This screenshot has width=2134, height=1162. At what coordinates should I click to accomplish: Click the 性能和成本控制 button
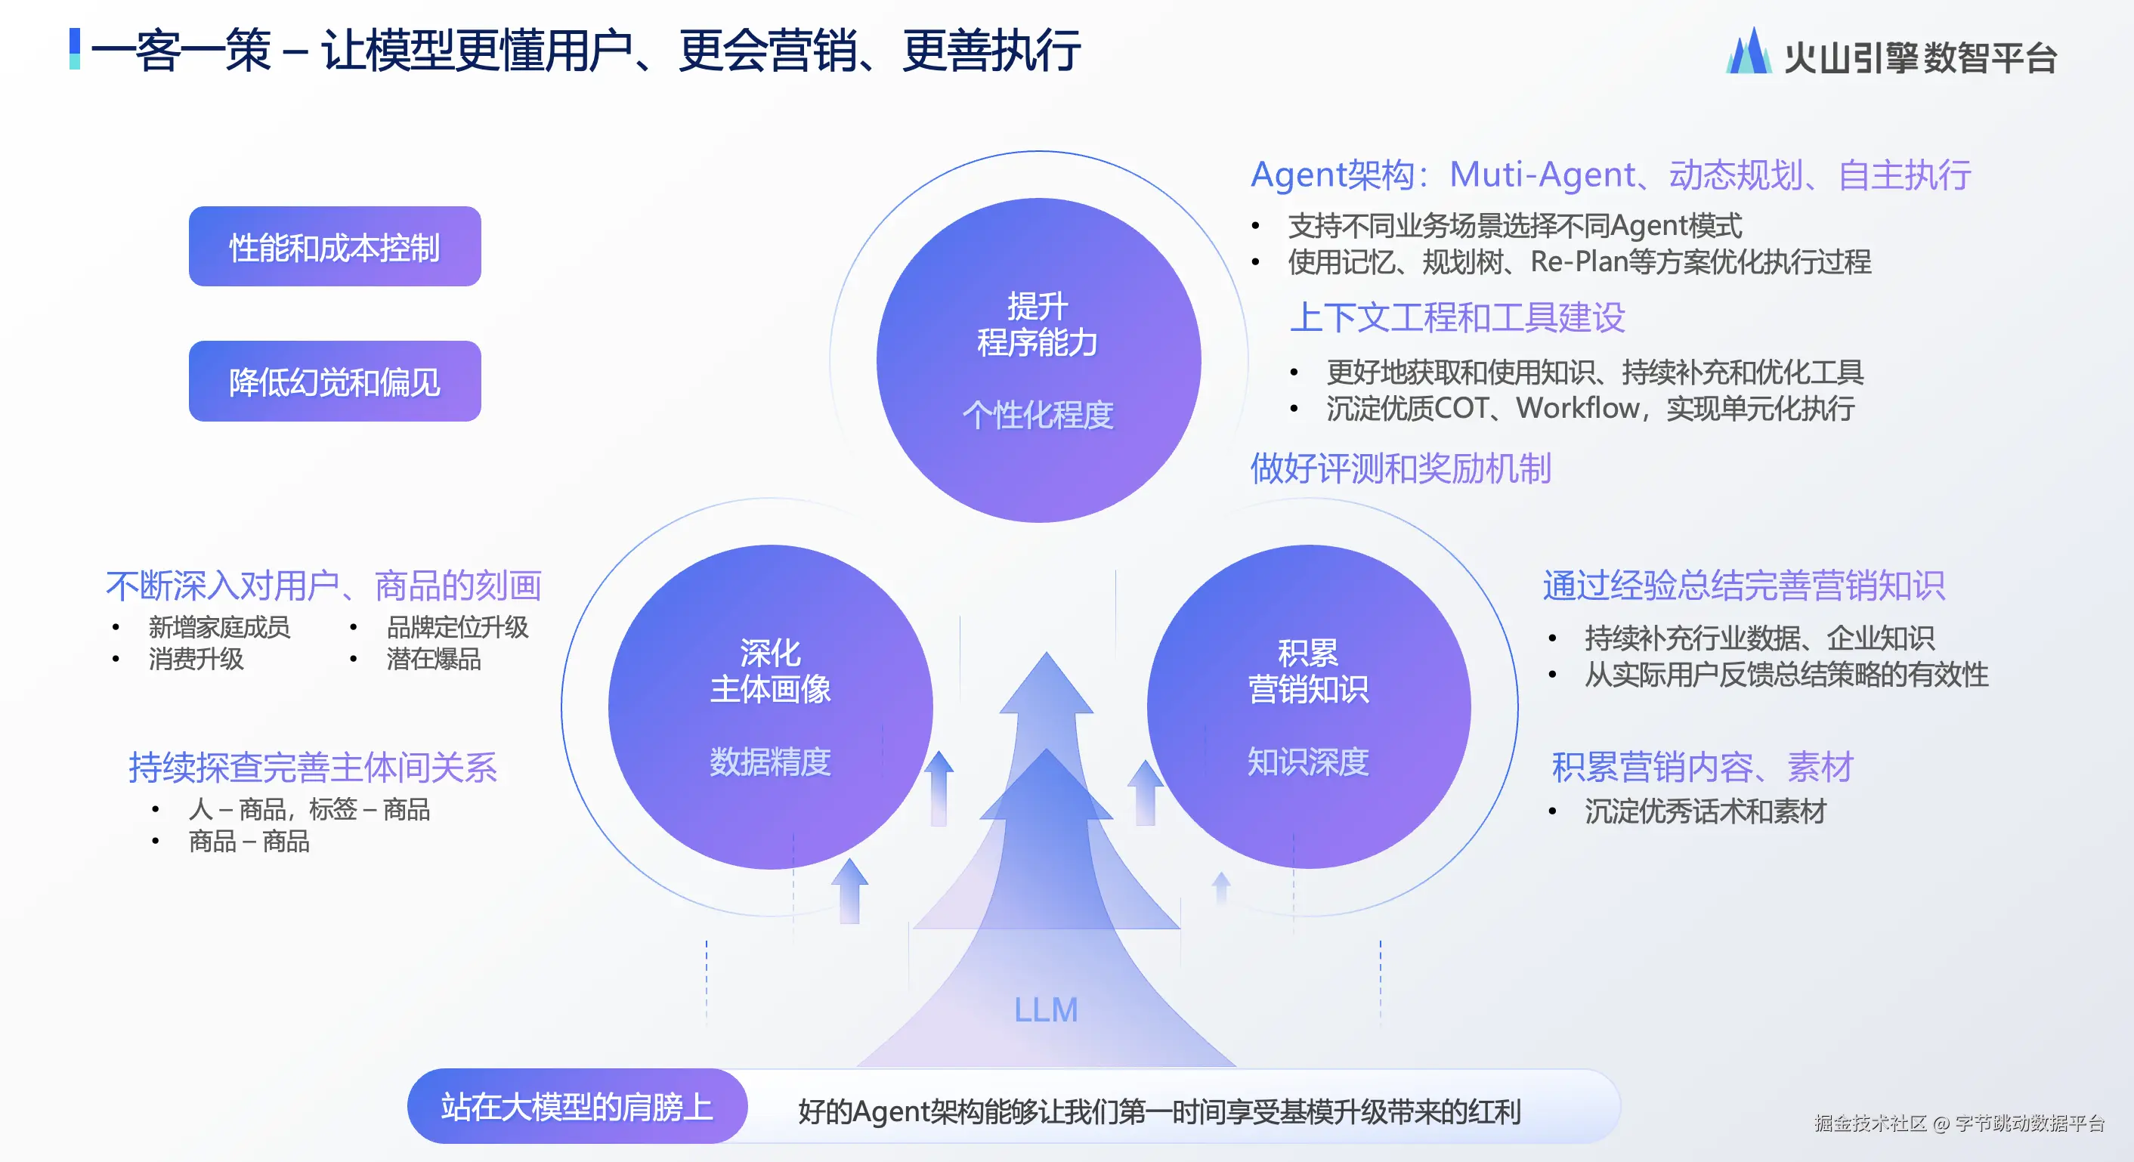(x=335, y=247)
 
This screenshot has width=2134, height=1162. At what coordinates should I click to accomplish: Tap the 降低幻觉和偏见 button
(x=335, y=381)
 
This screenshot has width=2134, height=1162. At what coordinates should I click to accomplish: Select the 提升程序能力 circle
(x=1039, y=360)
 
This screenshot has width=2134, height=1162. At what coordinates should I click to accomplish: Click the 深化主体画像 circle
(x=771, y=706)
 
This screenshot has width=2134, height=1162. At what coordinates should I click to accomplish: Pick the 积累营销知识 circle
(x=1309, y=706)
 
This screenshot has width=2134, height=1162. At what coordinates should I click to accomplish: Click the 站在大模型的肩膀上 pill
(x=577, y=1107)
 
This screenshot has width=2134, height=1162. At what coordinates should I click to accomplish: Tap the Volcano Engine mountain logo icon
(x=1749, y=51)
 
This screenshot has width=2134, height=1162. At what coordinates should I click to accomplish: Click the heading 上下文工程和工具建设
(x=1457, y=317)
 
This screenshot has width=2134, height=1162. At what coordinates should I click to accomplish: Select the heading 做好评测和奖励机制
(x=1401, y=468)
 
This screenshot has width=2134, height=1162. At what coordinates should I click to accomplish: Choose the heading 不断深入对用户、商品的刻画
(x=324, y=586)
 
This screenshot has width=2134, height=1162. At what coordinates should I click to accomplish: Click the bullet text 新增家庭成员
(x=220, y=627)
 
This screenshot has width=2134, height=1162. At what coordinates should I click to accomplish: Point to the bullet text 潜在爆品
(x=434, y=660)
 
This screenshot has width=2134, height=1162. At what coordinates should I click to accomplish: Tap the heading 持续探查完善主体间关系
(x=313, y=768)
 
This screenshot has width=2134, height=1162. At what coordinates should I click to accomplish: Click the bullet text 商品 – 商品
(x=249, y=842)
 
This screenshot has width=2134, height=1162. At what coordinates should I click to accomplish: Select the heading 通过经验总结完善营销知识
(x=1744, y=586)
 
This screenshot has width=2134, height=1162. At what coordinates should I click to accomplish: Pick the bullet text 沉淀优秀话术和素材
(x=1706, y=811)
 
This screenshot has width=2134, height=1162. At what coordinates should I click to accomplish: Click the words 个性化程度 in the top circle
(x=1038, y=415)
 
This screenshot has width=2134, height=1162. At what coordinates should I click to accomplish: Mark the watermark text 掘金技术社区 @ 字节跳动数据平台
(x=1959, y=1123)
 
